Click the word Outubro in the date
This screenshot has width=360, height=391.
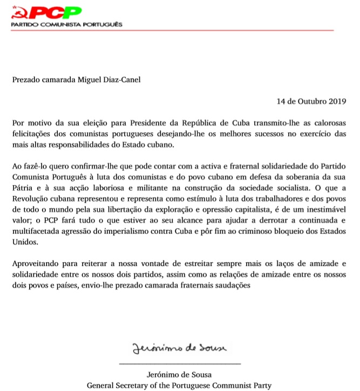pos(309,100)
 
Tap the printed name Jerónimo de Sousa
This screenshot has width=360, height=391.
pos(179,375)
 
